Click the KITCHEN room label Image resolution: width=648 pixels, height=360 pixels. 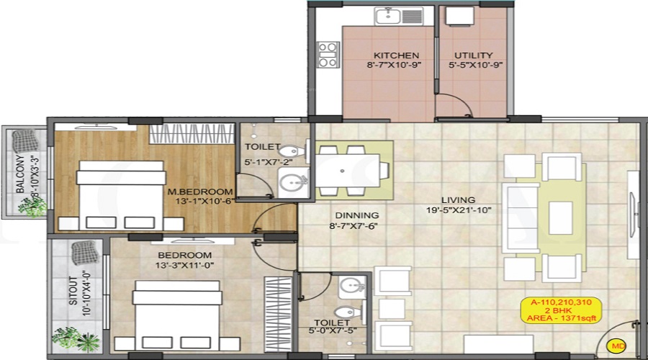[396, 55]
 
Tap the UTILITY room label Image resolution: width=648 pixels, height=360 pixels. [474, 55]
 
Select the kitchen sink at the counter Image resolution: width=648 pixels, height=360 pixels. [398, 17]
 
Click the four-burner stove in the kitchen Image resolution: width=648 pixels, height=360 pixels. [328, 55]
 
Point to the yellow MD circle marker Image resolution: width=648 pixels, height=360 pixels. [618, 346]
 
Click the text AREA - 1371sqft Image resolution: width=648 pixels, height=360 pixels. [561, 318]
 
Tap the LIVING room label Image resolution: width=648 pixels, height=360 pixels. [458, 200]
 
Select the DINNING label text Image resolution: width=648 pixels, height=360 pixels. [356, 215]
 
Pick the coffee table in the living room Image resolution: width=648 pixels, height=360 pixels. [560, 218]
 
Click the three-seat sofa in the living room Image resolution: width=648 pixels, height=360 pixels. [521, 218]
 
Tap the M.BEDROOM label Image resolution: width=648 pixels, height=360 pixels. [200, 192]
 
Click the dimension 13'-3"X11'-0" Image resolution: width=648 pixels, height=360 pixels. [184, 266]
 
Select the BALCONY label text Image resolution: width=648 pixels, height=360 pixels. [20, 174]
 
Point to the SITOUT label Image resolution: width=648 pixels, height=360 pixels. [73, 291]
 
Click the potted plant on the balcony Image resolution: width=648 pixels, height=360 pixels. [32, 207]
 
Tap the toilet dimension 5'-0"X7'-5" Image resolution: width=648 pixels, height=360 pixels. [332, 330]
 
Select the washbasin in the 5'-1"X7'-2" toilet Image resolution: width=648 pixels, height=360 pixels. [293, 182]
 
